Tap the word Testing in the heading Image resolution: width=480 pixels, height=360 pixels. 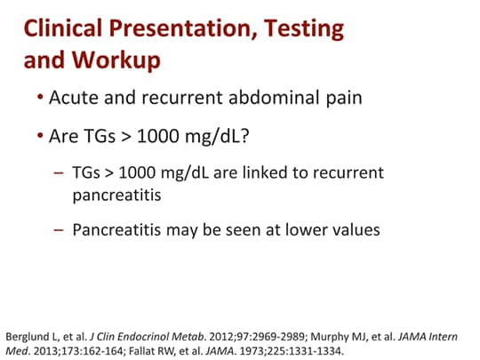tap(294, 28)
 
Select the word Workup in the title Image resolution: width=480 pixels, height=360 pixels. tap(121, 61)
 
